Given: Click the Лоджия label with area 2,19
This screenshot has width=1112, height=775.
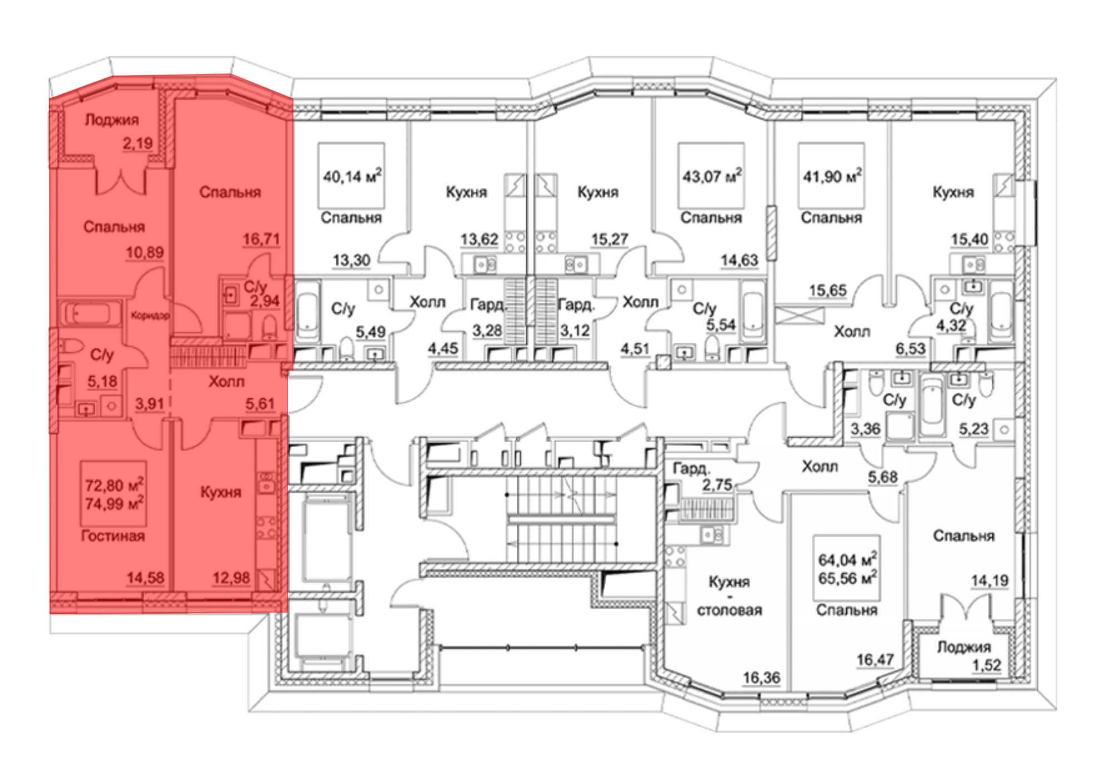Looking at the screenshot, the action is (x=112, y=120).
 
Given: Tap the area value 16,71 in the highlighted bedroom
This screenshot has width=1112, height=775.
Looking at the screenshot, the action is (x=261, y=239).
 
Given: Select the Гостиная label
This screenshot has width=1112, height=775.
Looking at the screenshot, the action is (x=113, y=536).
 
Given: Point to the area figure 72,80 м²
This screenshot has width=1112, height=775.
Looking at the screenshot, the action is (x=114, y=485).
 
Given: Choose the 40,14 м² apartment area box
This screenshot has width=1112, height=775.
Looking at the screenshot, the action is (x=351, y=176).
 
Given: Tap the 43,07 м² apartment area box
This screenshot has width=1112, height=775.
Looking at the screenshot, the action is (x=711, y=176).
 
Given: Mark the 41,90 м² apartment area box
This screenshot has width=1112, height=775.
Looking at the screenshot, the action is (x=831, y=176).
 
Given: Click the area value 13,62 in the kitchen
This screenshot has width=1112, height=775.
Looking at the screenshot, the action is (x=479, y=240).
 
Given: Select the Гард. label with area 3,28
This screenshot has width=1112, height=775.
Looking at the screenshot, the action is (x=488, y=305).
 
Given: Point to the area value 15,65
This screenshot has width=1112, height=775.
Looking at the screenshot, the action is (x=827, y=290).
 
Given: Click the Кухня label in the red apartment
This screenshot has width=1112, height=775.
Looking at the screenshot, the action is (x=221, y=492).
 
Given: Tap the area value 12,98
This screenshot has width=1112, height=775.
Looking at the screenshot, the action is (x=231, y=578).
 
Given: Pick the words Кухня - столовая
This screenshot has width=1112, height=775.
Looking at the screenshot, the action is (x=729, y=596).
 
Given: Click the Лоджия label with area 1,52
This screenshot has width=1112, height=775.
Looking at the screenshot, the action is (x=964, y=647).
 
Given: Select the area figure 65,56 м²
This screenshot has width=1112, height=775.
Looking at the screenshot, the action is (x=847, y=578).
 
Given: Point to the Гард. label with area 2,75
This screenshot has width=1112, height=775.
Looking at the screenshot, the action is (x=692, y=469).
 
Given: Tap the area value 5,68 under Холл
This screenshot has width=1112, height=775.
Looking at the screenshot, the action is (x=883, y=477).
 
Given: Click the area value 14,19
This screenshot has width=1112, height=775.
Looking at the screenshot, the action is (x=990, y=581).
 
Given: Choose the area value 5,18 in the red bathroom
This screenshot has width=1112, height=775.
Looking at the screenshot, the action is (x=102, y=381).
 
